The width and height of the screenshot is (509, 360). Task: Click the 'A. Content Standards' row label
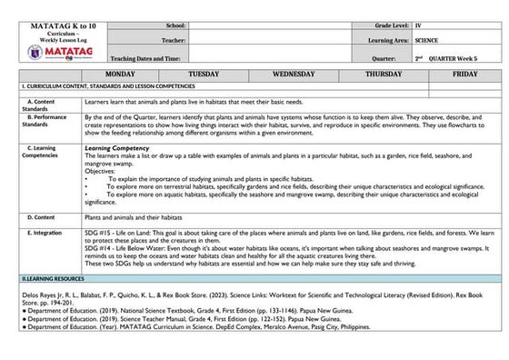pyautogui.click(x=41, y=103)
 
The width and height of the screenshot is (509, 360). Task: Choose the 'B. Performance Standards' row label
pyautogui.click(x=41, y=121)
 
